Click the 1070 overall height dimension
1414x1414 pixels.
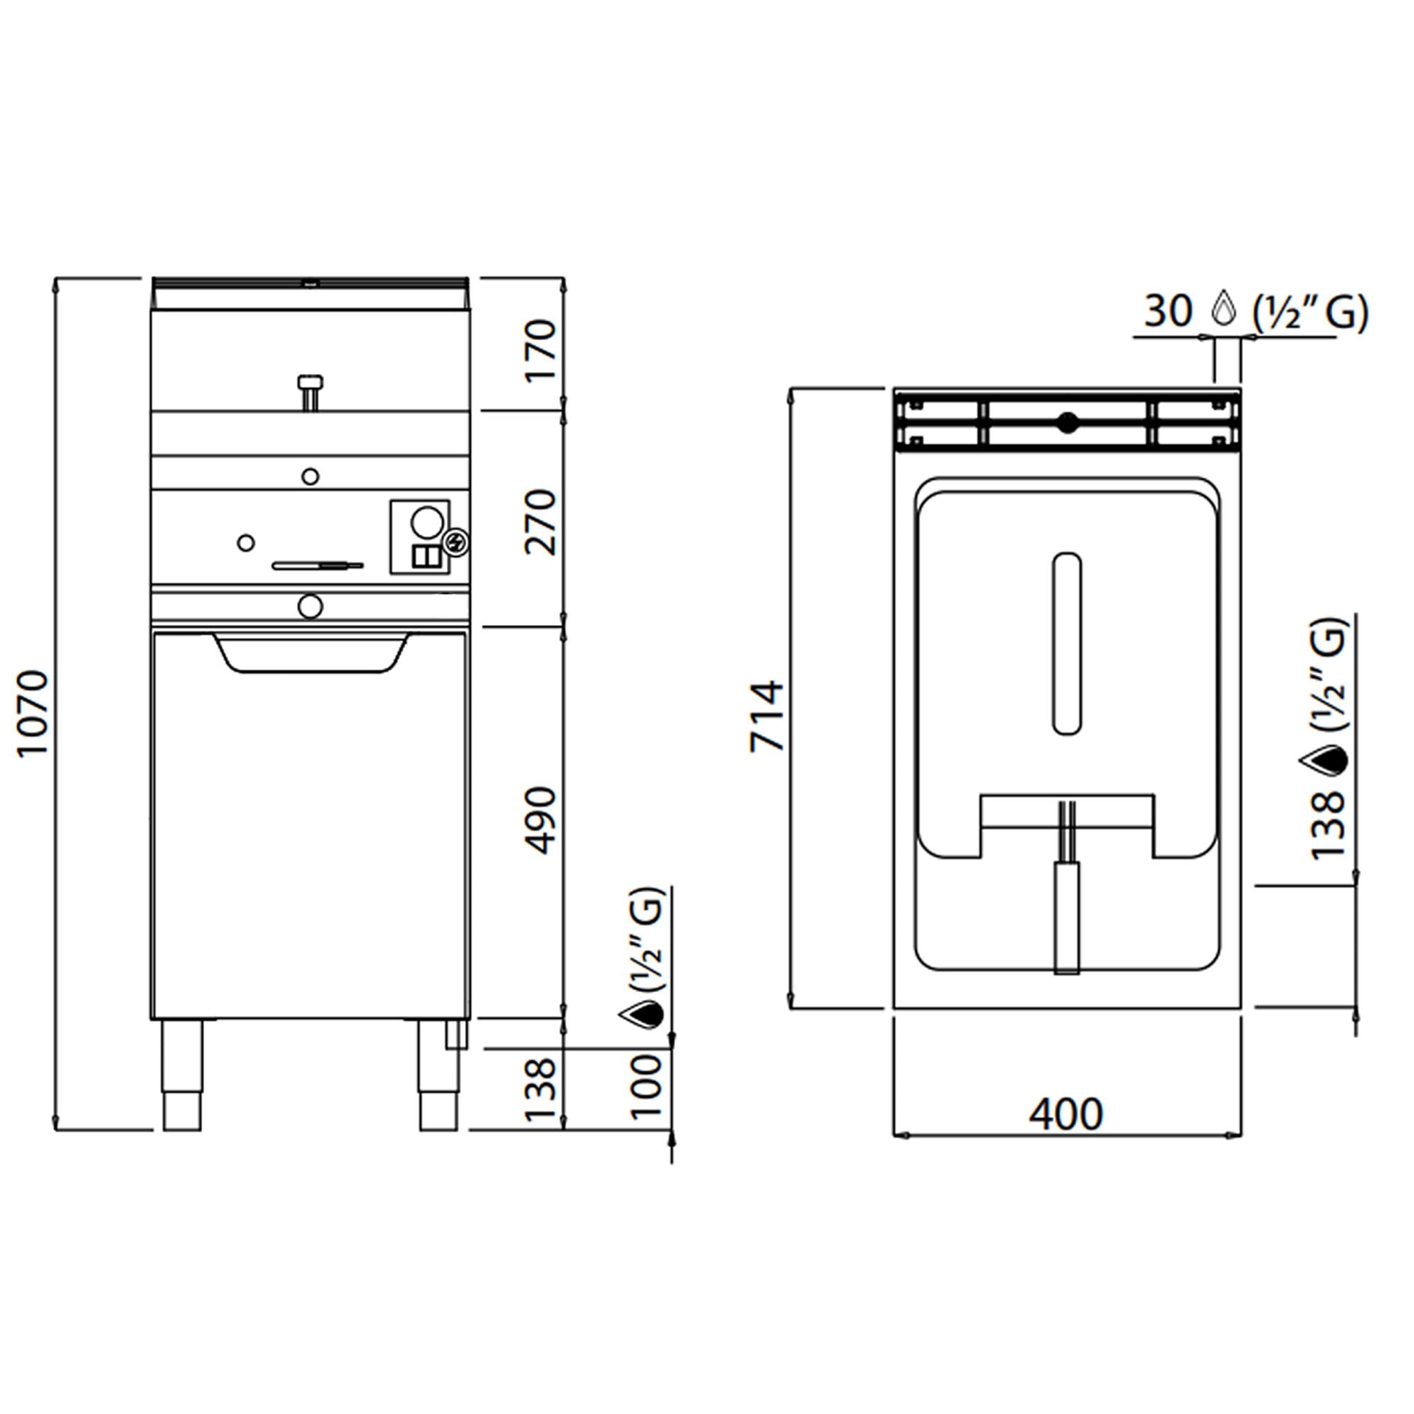pos(33,713)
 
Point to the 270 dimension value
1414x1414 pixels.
pos(542,522)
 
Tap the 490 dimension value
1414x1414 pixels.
pos(542,820)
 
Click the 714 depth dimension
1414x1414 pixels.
pos(767,715)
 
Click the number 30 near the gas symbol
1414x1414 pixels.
pos(1169,311)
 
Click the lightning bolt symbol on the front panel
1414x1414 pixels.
pos(457,542)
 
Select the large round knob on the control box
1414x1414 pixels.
pos(427,522)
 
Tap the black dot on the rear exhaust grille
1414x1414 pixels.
pos(1068,422)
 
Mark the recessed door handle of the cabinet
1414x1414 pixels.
pos(311,654)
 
